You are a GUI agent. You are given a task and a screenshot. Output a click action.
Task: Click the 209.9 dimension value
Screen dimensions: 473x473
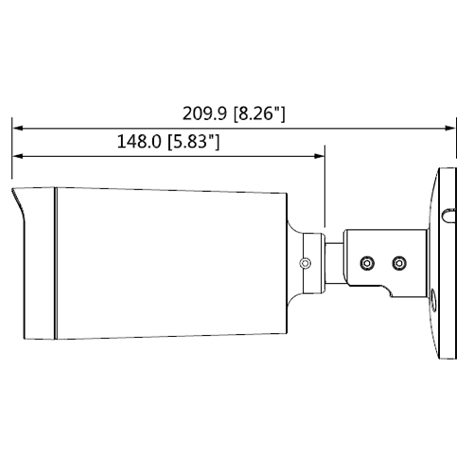[204, 114]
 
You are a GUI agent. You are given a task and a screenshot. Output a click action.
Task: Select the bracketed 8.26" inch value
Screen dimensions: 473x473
[259, 114]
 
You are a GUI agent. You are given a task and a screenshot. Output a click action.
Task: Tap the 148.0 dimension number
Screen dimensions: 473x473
[139, 141]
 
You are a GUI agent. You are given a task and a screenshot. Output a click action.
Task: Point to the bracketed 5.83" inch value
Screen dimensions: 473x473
[194, 142]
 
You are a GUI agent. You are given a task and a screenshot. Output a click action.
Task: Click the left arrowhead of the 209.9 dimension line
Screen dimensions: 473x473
[18, 128]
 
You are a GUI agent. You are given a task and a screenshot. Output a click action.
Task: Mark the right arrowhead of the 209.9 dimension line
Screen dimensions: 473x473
[450, 128]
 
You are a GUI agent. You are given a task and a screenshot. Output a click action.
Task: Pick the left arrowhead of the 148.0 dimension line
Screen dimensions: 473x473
[18, 156]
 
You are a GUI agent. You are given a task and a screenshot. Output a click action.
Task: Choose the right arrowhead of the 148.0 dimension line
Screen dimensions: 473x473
[319, 156]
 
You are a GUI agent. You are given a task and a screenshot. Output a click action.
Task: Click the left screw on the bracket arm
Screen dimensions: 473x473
[367, 263]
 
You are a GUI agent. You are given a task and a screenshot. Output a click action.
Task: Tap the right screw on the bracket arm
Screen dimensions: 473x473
[399, 263]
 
